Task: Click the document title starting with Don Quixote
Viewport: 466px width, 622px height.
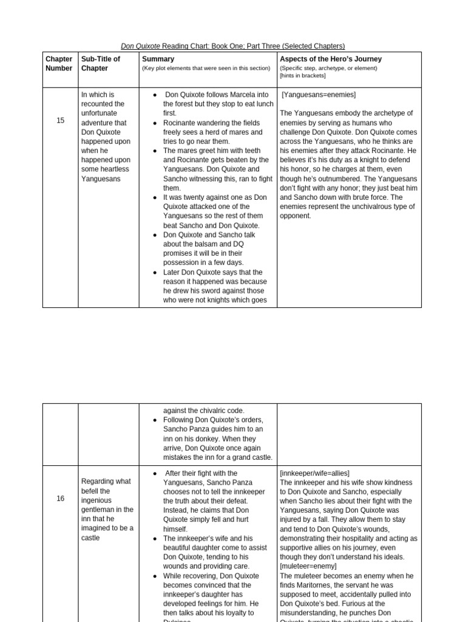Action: click(x=232, y=46)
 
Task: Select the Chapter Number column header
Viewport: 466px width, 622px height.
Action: click(x=59, y=64)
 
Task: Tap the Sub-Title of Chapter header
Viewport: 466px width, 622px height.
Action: click(x=101, y=64)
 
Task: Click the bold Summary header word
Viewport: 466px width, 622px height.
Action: click(x=158, y=59)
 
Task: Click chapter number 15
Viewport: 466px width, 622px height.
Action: click(x=60, y=121)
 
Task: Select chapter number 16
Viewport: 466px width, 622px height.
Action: click(x=60, y=499)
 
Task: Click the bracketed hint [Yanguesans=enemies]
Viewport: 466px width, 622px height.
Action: click(x=319, y=95)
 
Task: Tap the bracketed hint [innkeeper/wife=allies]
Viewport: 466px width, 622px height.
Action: click(x=314, y=473)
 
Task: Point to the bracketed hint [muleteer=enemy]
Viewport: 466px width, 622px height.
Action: click(x=308, y=566)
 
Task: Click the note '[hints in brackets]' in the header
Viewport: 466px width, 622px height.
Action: click(x=302, y=75)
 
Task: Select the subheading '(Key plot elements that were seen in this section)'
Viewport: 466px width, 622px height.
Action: click(x=206, y=68)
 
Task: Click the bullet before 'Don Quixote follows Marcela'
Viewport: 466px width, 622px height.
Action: click(x=155, y=95)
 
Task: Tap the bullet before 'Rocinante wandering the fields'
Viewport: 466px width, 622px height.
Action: click(x=155, y=123)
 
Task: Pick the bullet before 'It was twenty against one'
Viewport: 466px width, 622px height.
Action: click(x=155, y=197)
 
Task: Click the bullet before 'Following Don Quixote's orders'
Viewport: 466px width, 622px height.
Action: click(x=155, y=420)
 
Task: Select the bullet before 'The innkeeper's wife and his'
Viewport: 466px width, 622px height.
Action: click(x=155, y=538)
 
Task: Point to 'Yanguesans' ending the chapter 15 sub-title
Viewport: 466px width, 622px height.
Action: click(x=100, y=179)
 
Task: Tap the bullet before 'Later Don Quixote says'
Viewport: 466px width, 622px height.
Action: click(x=155, y=272)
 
